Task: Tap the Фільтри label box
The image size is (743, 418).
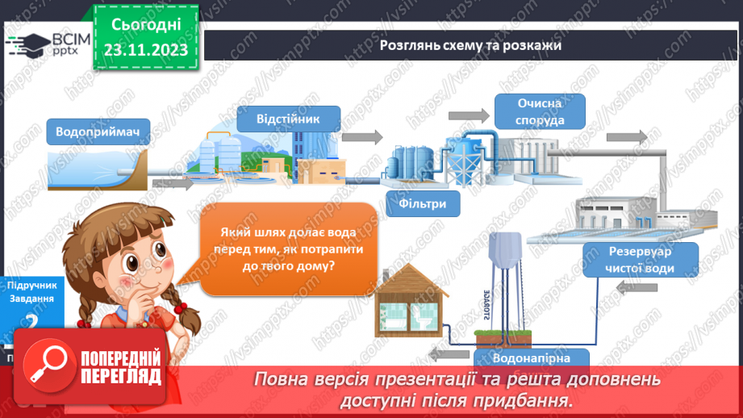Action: tap(423, 203)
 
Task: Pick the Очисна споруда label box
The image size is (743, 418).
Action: tap(540, 111)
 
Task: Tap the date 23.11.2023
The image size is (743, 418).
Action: tap(146, 50)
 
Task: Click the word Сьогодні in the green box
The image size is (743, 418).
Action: tap(146, 27)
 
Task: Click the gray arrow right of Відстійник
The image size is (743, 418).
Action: tap(369, 136)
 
